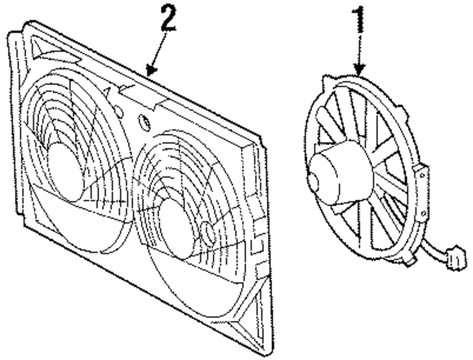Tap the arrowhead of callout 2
(150, 73)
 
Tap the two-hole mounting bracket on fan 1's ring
(421, 176)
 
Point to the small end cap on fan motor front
(314, 177)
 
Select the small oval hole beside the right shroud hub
(209, 232)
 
